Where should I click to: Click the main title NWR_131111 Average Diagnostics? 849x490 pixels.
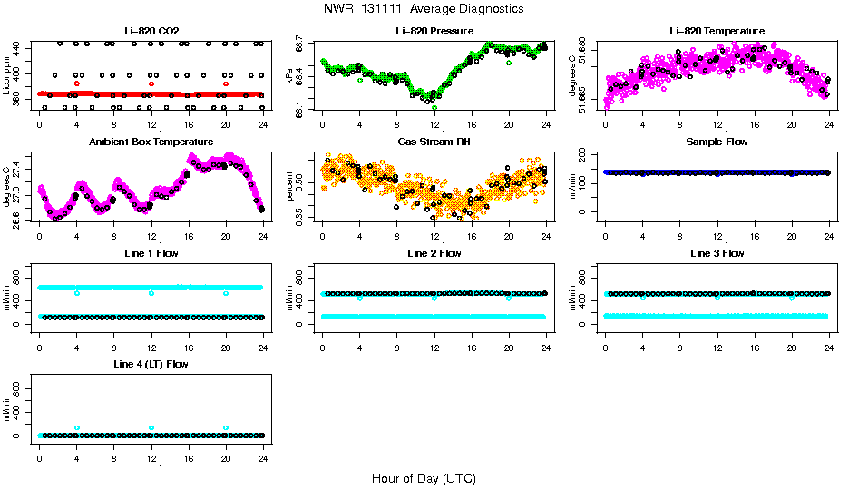pyautogui.click(x=423, y=9)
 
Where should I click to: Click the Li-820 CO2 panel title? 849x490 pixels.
pyautogui.click(x=151, y=31)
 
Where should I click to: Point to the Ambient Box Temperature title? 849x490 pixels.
pyautogui.click(x=151, y=142)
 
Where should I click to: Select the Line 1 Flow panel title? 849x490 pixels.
pyautogui.click(x=151, y=253)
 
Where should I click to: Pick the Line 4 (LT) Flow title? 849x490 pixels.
pyautogui.click(x=151, y=364)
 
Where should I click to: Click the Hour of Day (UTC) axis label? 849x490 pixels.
pyautogui.click(x=423, y=478)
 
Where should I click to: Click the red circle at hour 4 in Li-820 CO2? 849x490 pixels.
pyautogui.click(x=77, y=83)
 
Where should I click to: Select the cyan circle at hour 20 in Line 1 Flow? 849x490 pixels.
pyautogui.click(x=226, y=293)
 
